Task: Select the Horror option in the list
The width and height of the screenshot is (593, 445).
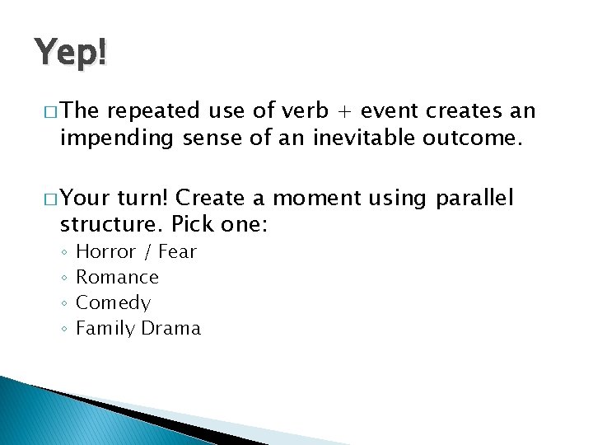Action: coord(105,251)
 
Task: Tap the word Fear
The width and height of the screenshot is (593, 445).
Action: coord(177,251)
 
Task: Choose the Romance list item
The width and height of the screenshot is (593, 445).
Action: coord(117,277)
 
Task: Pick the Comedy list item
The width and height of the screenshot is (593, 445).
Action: coord(113,302)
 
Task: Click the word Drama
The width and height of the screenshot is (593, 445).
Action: coord(170,328)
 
